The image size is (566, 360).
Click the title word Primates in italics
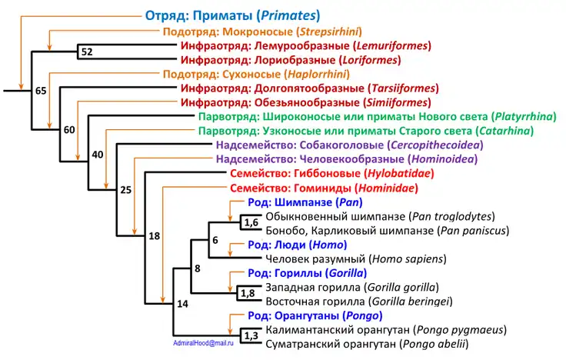coord(288,15)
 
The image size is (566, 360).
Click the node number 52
coord(86,52)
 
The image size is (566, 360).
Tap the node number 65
coord(41,92)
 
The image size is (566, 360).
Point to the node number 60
coord(69,128)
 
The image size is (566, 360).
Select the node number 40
coord(97,155)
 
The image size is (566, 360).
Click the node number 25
coord(125,189)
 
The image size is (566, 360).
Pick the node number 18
coord(153,235)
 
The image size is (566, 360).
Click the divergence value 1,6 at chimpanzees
coord(251,222)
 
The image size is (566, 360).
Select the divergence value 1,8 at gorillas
coord(248,293)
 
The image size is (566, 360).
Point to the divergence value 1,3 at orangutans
coord(251,335)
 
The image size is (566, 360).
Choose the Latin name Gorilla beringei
coord(408,301)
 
